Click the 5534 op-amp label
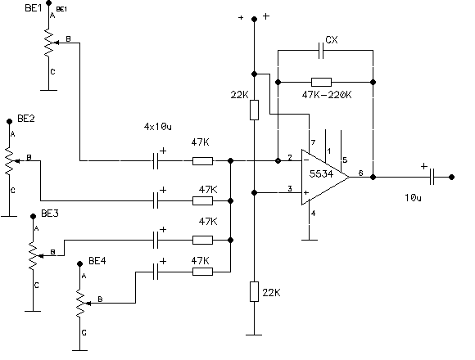point(321,174)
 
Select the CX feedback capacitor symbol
point(321,51)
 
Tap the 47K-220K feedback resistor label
point(327,95)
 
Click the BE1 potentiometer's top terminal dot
point(48,3)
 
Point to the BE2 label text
point(26,119)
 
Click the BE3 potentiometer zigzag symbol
point(33,255)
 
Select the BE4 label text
point(97,261)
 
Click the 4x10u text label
point(157,127)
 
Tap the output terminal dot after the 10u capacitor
point(451,177)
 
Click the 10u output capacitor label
point(414,198)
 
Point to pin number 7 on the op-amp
point(313,142)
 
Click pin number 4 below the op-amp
point(313,214)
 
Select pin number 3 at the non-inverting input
point(290,189)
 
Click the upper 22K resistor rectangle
point(254,110)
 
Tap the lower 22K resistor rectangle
point(254,291)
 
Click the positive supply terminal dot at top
point(255,20)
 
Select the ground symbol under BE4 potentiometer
point(80,350)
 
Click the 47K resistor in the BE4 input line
point(202,272)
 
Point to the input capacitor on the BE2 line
point(156,200)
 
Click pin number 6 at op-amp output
point(360,173)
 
